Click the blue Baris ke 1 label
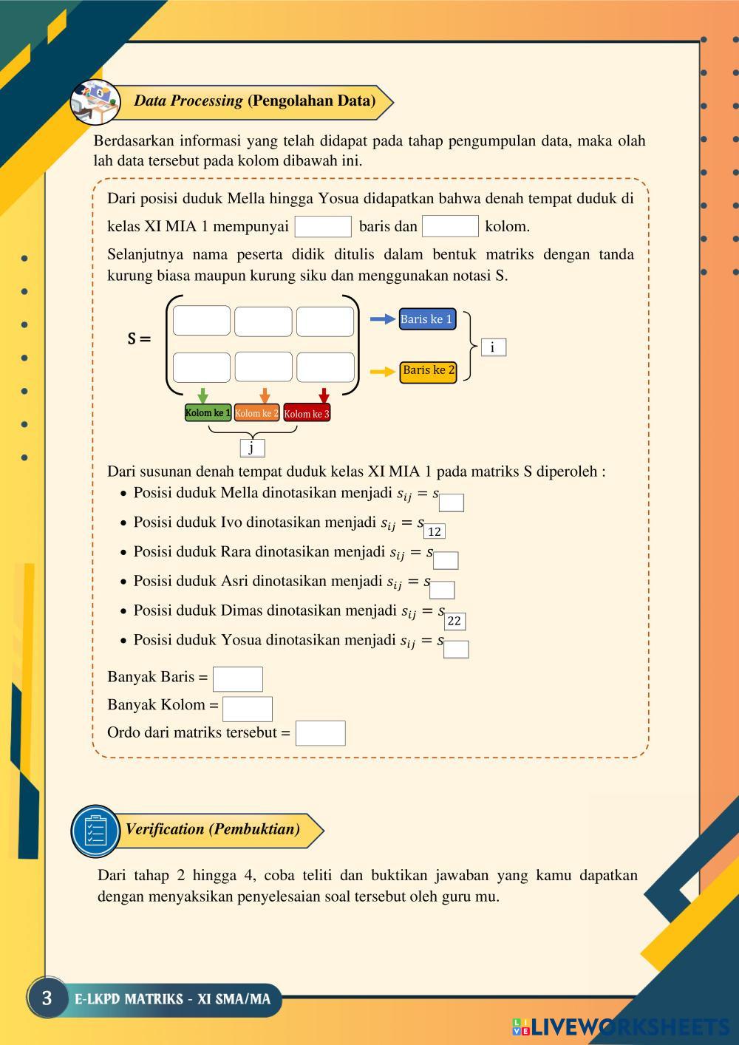pos(427,319)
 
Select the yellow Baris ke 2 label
pos(428,371)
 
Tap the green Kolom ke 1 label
pos(208,412)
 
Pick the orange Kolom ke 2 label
pos(256,413)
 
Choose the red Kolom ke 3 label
pos(307,414)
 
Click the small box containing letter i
pos(493,347)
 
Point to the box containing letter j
pos(252,448)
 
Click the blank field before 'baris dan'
pos(323,226)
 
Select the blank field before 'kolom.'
pos(450,226)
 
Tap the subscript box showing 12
pos(435,531)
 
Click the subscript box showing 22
pos(454,621)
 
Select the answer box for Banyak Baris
pos(237,678)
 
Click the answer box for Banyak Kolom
pos(248,708)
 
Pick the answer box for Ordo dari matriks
pos(320,733)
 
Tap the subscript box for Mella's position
pos(452,503)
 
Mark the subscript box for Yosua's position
pos(456,649)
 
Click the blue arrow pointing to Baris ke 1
pos(383,319)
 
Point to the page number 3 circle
pos(47,998)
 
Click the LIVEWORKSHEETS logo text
pos(628,1027)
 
